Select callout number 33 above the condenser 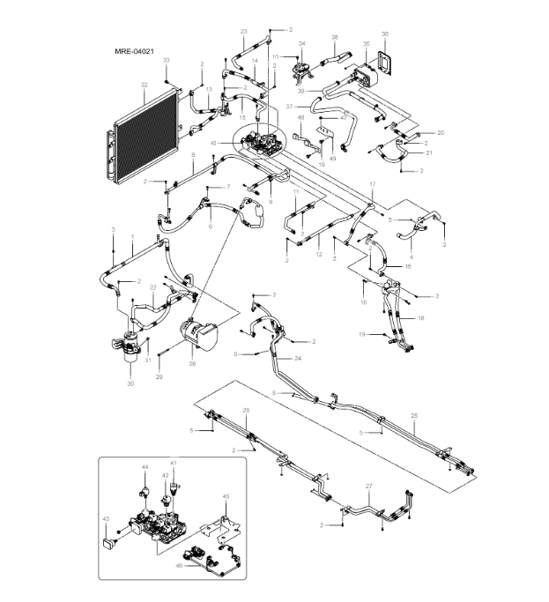tap(166, 59)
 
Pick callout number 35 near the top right tap(366, 42)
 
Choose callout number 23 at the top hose tap(243, 32)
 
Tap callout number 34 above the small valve tap(301, 42)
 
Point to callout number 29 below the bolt tap(160, 377)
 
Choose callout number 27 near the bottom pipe tap(368, 486)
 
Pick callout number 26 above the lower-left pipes tap(246, 411)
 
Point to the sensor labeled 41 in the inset tap(174, 483)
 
